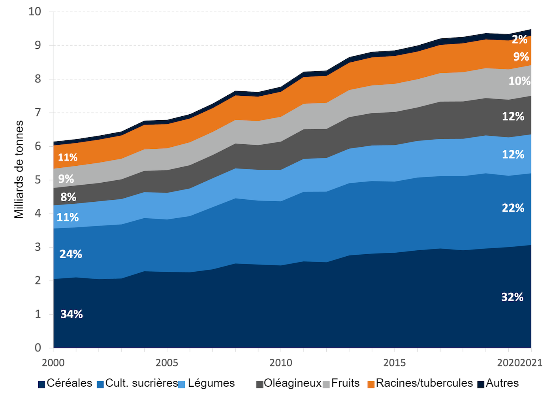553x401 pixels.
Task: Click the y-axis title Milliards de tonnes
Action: pyautogui.click(x=19, y=170)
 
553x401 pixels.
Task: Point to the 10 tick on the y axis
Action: pyautogui.click(x=35, y=11)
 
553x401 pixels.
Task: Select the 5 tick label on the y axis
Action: pyautogui.click(x=38, y=180)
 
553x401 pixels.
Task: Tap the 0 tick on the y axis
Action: pyautogui.click(x=38, y=348)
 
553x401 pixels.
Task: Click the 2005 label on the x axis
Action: pyautogui.click(x=167, y=363)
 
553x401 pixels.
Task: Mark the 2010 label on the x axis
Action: pyautogui.click(x=281, y=363)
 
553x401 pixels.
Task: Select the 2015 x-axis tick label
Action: pyautogui.click(x=395, y=363)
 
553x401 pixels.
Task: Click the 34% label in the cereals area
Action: pyautogui.click(x=71, y=314)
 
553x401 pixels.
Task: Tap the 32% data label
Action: pyautogui.click(x=512, y=297)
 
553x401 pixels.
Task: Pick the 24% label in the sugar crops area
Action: pyautogui.click(x=71, y=254)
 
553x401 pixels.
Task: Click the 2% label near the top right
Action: pyautogui.click(x=519, y=40)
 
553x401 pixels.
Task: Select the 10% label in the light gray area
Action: pyautogui.click(x=519, y=81)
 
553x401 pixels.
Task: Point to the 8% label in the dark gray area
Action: pyautogui.click(x=68, y=197)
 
